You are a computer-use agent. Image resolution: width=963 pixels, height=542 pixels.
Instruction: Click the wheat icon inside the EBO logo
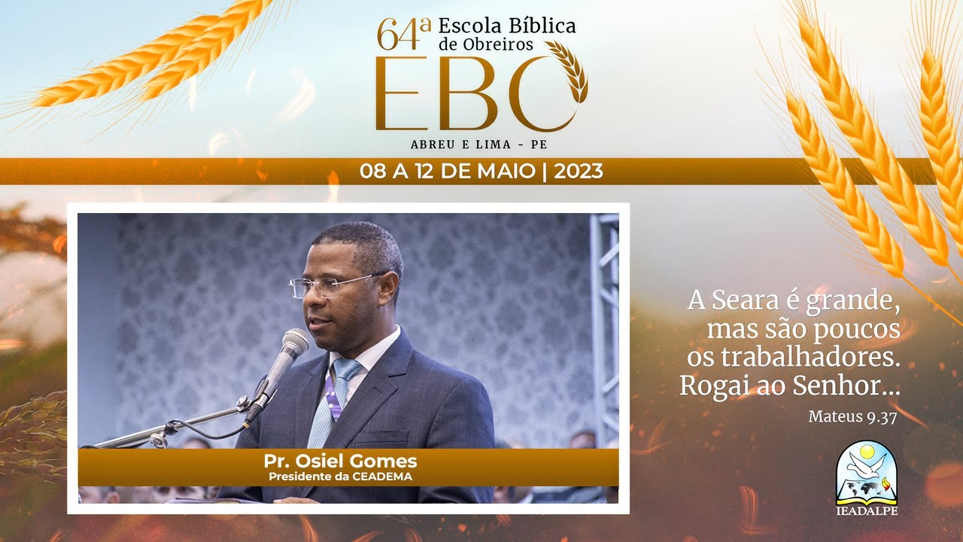pos(570,69)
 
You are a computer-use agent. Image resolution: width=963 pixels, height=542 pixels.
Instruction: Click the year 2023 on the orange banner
pos(578,172)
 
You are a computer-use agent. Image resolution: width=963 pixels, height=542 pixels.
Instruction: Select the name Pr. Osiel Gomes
pos(340,461)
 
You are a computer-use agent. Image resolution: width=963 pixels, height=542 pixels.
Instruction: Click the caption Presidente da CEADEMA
pos(340,476)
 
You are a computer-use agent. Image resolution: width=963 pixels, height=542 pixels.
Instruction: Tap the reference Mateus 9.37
pos(852,416)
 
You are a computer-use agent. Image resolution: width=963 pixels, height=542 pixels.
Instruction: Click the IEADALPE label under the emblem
pos(866,511)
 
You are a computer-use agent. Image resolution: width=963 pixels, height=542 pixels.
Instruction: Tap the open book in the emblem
pos(866,490)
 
